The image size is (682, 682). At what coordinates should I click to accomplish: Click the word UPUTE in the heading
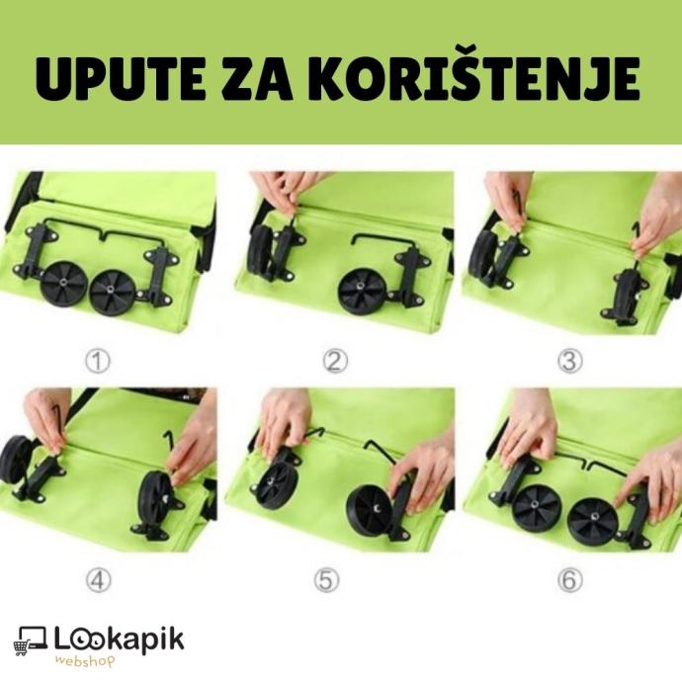pos(120,79)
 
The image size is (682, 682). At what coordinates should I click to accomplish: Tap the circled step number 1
pos(98,361)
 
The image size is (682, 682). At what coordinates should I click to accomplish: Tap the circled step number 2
pos(335,361)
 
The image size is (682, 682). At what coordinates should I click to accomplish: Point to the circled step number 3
pos(569,361)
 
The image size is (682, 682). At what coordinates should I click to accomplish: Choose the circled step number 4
pos(98,579)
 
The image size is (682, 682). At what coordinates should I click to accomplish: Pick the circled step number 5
pos(326,579)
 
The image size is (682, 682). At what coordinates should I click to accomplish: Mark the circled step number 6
pos(569,579)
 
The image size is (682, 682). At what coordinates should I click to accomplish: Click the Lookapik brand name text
pos(119,640)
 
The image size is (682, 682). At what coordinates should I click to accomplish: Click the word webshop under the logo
pos(86,661)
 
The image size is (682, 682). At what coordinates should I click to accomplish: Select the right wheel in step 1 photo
pos(114,293)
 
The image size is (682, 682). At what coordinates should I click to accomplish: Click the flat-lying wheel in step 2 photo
pos(363,291)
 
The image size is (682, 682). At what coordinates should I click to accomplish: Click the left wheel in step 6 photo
pos(535,506)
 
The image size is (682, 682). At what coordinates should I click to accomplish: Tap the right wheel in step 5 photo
pos(371,510)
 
